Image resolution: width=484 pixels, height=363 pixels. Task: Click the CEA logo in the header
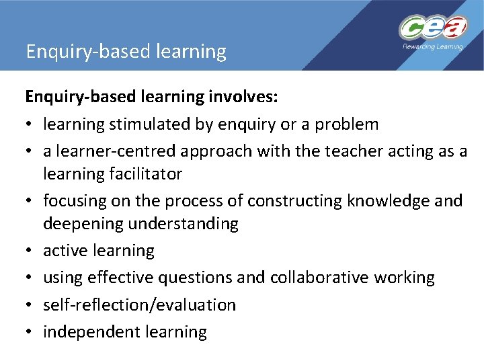click(x=432, y=28)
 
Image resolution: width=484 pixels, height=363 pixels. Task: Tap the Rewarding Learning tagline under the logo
click(x=432, y=46)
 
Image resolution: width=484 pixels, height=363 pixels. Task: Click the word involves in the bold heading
click(x=243, y=97)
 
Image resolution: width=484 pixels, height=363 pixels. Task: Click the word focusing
click(x=75, y=201)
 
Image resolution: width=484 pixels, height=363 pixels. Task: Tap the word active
click(x=63, y=251)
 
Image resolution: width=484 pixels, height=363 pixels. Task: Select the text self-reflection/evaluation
click(x=139, y=305)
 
